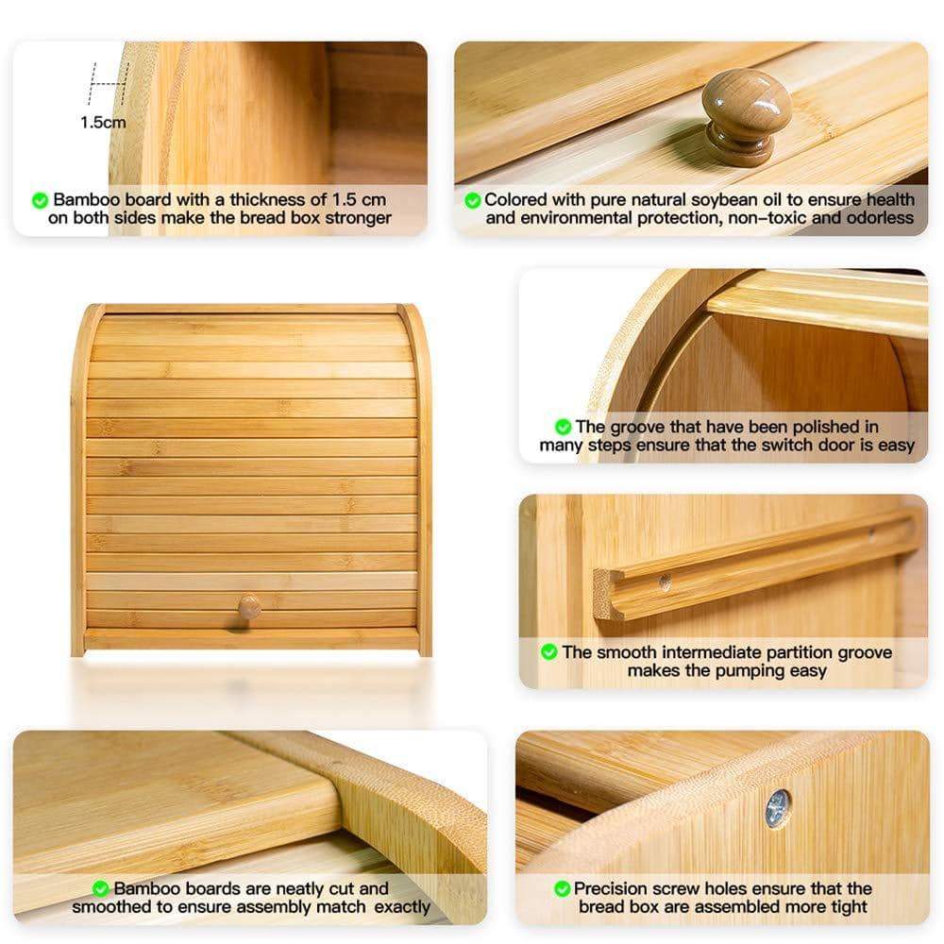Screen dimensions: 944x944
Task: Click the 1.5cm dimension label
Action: (x=102, y=122)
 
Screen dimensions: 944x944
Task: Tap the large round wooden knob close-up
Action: (x=745, y=114)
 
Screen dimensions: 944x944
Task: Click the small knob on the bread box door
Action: (x=249, y=607)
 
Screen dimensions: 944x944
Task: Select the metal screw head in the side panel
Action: (x=777, y=809)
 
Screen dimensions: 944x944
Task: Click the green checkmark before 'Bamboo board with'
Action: (x=41, y=200)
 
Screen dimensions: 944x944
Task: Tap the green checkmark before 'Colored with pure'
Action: (x=472, y=200)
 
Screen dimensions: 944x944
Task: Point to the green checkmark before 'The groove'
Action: (x=563, y=427)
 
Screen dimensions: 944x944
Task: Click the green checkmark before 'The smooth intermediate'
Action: (x=548, y=652)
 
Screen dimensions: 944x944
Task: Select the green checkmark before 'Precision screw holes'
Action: (x=562, y=888)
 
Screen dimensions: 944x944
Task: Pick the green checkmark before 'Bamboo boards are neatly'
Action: (x=100, y=888)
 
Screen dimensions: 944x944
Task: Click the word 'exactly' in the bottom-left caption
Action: (x=398, y=907)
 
